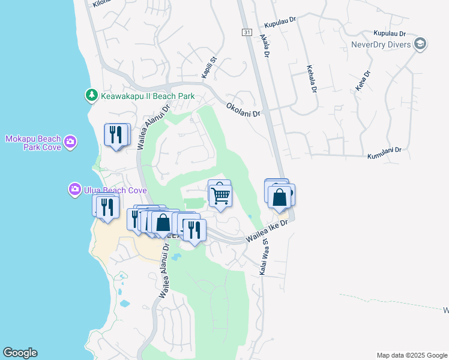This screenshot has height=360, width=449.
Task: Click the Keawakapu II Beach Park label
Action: click(147, 95)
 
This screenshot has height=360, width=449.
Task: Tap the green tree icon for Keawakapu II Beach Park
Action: click(91, 95)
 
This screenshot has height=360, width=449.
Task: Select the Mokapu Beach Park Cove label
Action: click(34, 142)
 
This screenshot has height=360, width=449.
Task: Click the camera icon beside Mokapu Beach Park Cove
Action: click(71, 142)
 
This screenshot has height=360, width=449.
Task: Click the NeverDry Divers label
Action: click(381, 44)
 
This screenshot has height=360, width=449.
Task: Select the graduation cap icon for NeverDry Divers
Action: click(420, 44)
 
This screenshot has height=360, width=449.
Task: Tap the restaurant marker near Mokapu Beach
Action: click(116, 134)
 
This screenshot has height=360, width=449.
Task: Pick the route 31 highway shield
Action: click(247, 32)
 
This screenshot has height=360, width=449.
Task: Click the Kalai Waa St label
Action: click(263, 259)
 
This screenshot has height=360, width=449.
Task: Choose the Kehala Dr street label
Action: click(312, 79)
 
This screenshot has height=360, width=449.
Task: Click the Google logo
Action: click(20, 353)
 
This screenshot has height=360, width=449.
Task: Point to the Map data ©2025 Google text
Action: click(411, 355)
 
